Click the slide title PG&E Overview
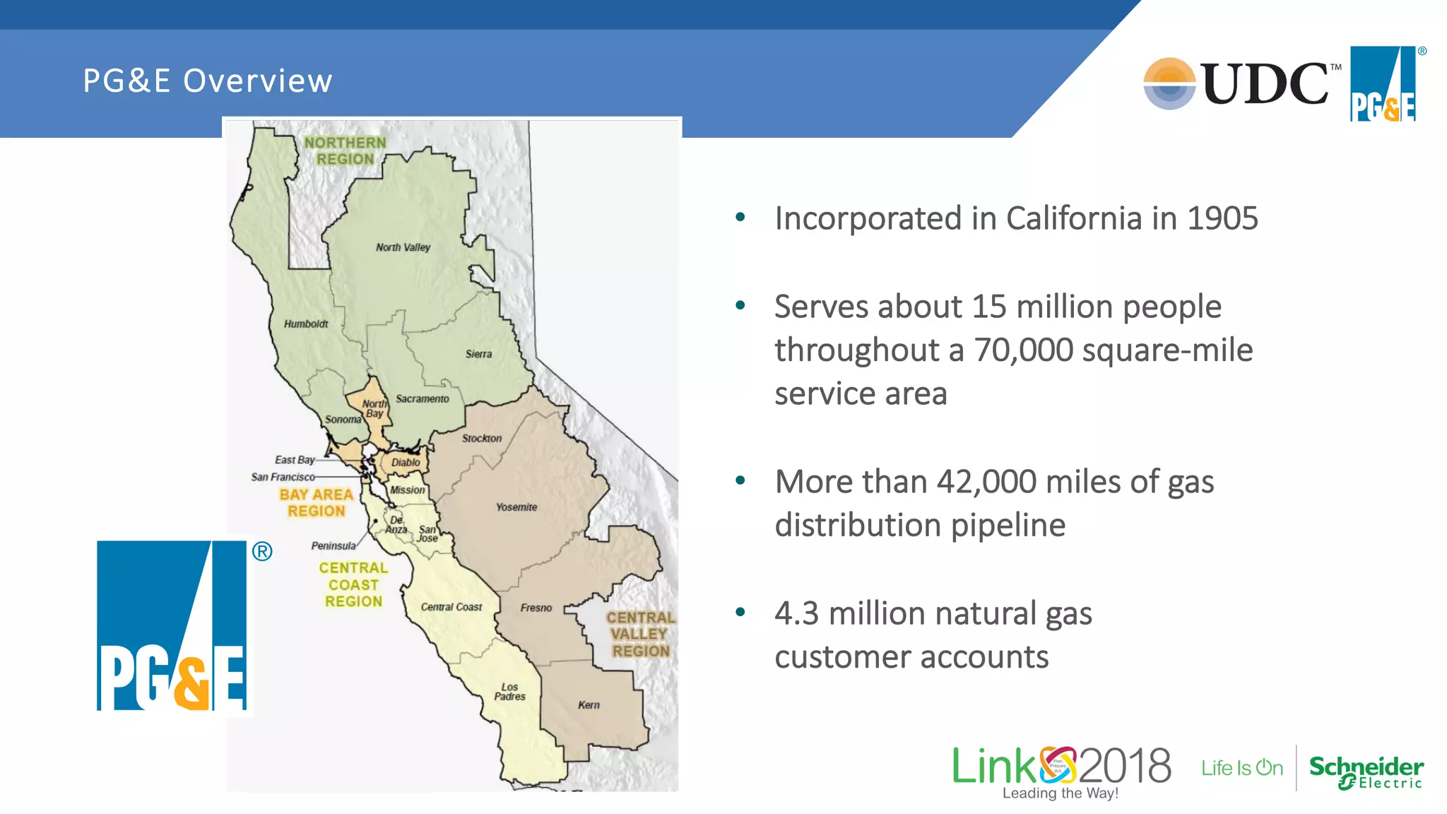pyautogui.click(x=207, y=81)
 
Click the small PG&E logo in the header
pyautogui.click(x=1383, y=84)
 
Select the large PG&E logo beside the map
pyautogui.click(x=172, y=625)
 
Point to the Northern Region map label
pyautogui.click(x=345, y=151)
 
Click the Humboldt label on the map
pyautogui.click(x=306, y=324)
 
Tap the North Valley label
pyautogui.click(x=403, y=247)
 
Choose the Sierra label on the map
pyautogui.click(x=478, y=354)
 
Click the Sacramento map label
pyautogui.click(x=422, y=399)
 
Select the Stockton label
pyautogui.click(x=481, y=438)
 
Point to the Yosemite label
pyautogui.click(x=516, y=507)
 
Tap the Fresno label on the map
pyautogui.click(x=536, y=608)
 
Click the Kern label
pyautogui.click(x=589, y=705)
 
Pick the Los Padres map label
pyautogui.click(x=509, y=692)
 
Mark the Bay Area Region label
pyautogui.click(x=316, y=502)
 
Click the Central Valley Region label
pyautogui.click(x=640, y=634)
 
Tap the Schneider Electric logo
pyautogui.click(x=1366, y=772)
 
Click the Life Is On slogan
pyautogui.click(x=1241, y=768)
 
